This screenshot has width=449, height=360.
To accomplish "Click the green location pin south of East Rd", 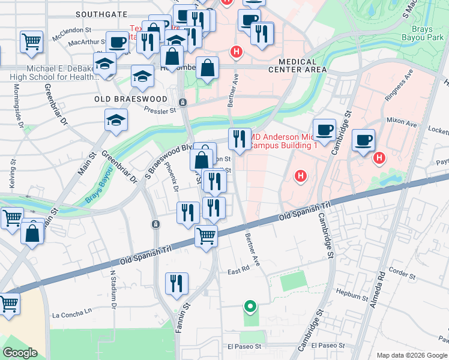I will click(x=250, y=307).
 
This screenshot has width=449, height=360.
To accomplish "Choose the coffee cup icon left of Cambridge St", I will click(x=324, y=130).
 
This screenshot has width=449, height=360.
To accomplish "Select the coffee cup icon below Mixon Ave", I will click(x=364, y=140).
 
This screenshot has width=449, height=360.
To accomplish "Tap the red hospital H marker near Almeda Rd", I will click(x=379, y=158).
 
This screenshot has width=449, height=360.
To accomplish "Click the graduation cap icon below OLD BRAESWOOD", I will click(x=116, y=120).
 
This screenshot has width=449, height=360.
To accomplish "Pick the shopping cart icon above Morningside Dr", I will click(x=31, y=41).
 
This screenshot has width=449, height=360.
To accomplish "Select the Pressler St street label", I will click(x=160, y=110).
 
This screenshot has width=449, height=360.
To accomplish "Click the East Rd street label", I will click(x=238, y=271).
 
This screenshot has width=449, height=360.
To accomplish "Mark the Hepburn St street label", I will click(x=352, y=296).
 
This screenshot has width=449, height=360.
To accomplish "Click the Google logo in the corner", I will click(x=20, y=353).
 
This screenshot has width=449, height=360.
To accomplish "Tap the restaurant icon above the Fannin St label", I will click(x=177, y=283).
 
